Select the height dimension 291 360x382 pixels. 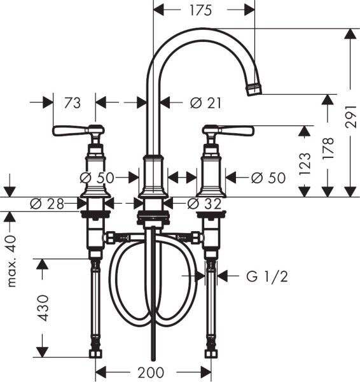pos(351,115)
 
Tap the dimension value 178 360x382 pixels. pos(328,148)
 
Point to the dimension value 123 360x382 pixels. pos(305,164)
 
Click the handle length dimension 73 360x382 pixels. pos(72,102)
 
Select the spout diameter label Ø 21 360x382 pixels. pos(205,102)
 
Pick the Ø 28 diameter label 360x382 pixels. pos(46,204)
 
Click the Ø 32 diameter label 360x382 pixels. pos(204,204)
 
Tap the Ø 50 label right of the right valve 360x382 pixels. pos(268,178)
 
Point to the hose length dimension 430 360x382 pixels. pos(43,308)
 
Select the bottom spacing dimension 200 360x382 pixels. pos(151,372)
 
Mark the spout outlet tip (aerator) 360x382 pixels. pos(254,88)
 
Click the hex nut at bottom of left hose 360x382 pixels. pos(96,352)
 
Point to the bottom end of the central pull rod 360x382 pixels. pos(152,358)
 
